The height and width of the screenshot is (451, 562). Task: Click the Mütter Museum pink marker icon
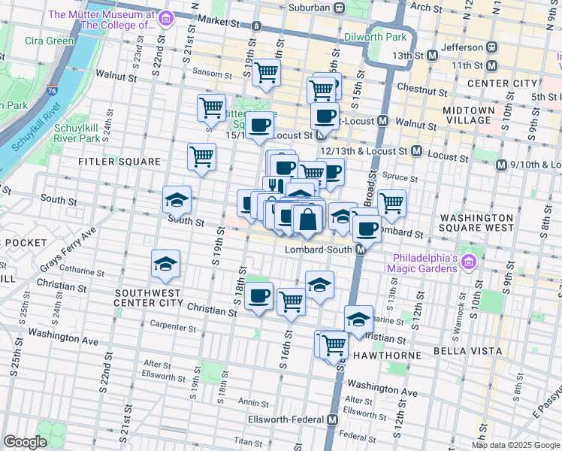167,17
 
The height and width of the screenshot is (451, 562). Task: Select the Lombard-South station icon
360,249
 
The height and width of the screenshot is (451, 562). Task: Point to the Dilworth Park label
374,36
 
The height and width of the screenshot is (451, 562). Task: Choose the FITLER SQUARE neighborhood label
120,162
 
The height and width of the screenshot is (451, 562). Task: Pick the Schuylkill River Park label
78,133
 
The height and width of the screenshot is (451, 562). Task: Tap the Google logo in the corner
25,442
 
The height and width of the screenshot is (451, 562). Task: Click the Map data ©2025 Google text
515,445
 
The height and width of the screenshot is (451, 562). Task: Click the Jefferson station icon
492,46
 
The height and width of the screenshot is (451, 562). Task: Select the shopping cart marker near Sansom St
266,73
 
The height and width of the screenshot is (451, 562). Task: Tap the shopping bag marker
307,219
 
